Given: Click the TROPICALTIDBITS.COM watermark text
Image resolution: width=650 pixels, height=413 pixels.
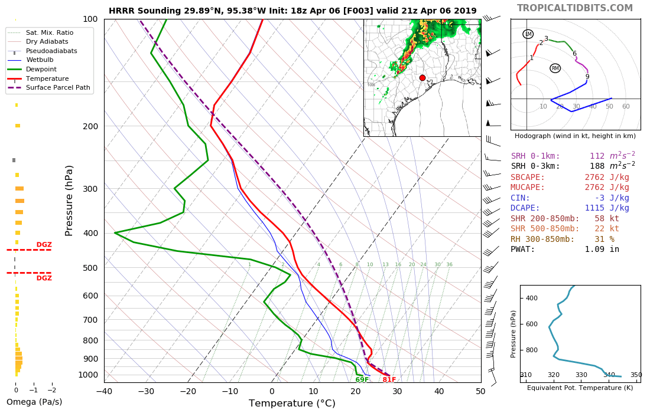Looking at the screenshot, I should tap(575, 8).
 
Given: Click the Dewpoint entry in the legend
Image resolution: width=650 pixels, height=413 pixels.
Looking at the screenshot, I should tap(40, 69).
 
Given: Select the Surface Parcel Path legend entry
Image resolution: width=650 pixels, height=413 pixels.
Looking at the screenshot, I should tap(58, 88).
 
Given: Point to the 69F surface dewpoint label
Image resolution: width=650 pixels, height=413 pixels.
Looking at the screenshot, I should tap(362, 379).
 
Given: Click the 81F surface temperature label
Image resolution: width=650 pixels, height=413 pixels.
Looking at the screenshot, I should tap(389, 379).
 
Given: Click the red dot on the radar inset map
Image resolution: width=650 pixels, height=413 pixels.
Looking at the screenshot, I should tap(422, 78).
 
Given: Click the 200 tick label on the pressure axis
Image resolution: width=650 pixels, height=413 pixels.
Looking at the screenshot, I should tap(90, 126).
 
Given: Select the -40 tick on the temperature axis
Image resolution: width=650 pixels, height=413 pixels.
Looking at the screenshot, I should tap(104, 391).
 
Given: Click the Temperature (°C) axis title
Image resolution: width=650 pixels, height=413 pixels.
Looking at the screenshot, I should tap(292, 404).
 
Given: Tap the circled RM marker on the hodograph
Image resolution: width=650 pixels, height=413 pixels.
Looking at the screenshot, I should tap(555, 68).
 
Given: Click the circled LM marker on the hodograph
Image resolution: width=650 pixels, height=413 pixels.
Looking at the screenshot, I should tap(528, 34).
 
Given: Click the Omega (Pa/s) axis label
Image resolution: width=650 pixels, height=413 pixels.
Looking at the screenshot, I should tap(34, 402).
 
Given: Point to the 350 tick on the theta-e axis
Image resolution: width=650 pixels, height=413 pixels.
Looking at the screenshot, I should tap(636, 375).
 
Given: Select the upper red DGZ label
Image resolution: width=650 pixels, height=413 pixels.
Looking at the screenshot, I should tap(44, 245).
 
